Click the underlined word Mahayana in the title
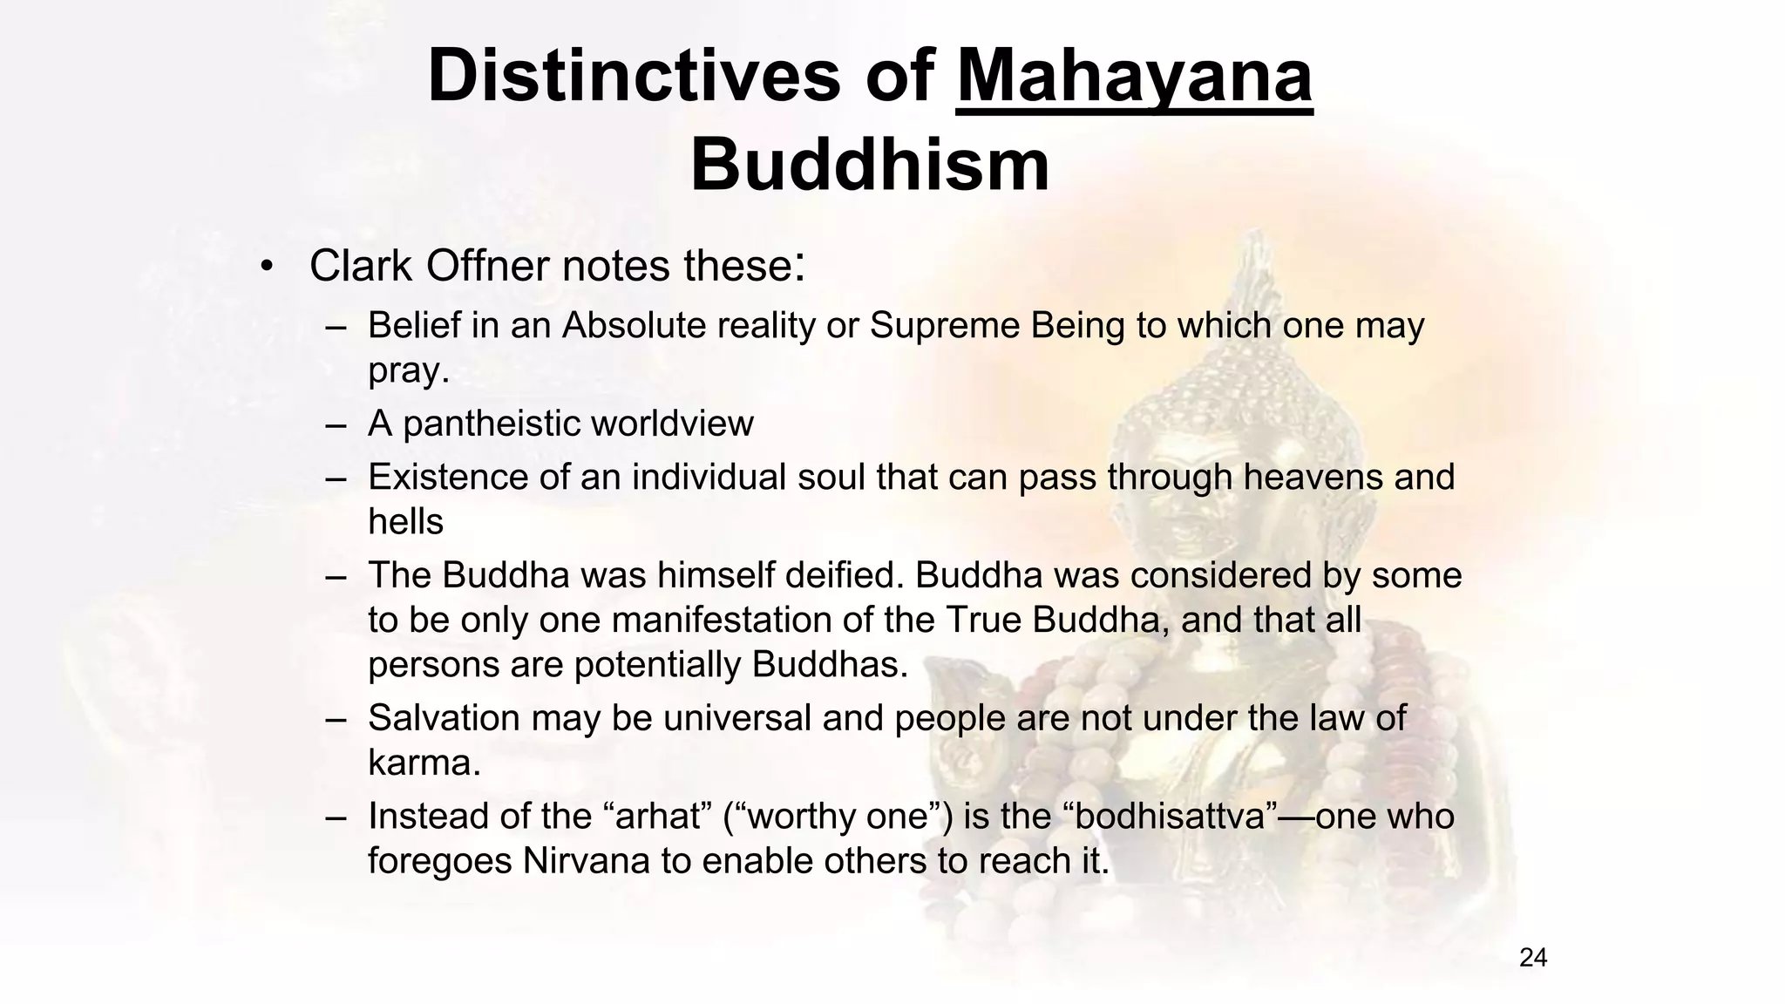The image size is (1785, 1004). [1134, 77]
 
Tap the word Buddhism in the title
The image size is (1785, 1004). [870, 166]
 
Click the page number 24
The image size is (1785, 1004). [1533, 958]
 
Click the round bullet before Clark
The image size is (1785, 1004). [268, 266]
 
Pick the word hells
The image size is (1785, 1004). [405, 522]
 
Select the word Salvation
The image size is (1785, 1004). [443, 718]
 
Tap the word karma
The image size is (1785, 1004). [422, 763]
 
